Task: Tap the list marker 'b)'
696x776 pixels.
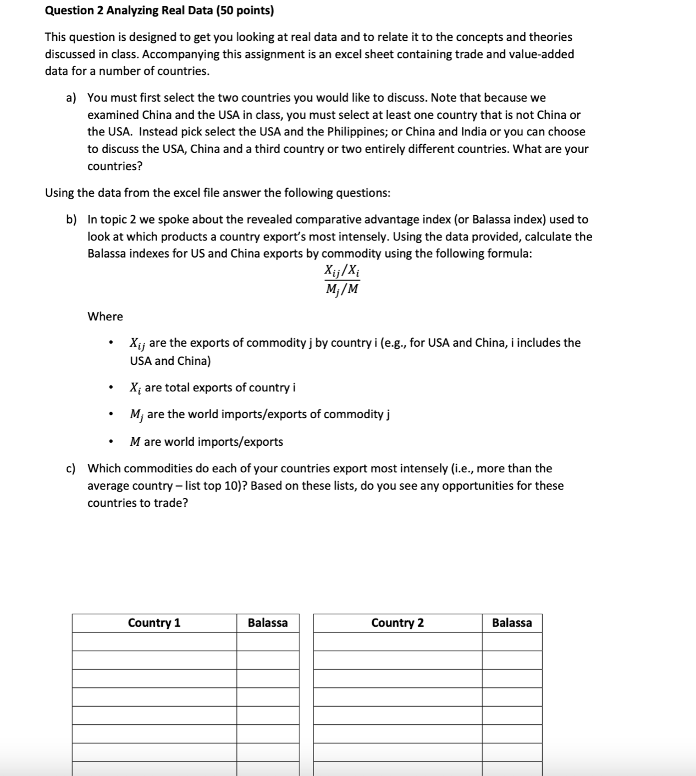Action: [x=71, y=220]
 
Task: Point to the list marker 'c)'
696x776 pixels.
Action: [x=71, y=469]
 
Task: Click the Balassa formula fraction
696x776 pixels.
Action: [x=342, y=280]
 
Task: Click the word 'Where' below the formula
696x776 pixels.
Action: [x=105, y=316]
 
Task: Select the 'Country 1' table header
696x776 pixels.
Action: [x=154, y=623]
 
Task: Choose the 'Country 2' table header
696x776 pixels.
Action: [x=397, y=623]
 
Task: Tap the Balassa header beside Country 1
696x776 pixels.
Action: [x=268, y=623]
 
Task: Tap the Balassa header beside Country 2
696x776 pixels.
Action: [x=512, y=623]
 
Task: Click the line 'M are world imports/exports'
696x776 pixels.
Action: [x=206, y=442]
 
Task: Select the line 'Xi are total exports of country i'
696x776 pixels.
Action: [x=212, y=388]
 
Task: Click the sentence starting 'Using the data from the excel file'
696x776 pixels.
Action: [x=218, y=193]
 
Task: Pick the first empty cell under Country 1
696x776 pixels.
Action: [x=154, y=642]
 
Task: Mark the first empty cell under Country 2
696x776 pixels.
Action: [x=397, y=642]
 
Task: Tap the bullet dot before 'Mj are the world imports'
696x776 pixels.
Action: [x=112, y=415]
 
